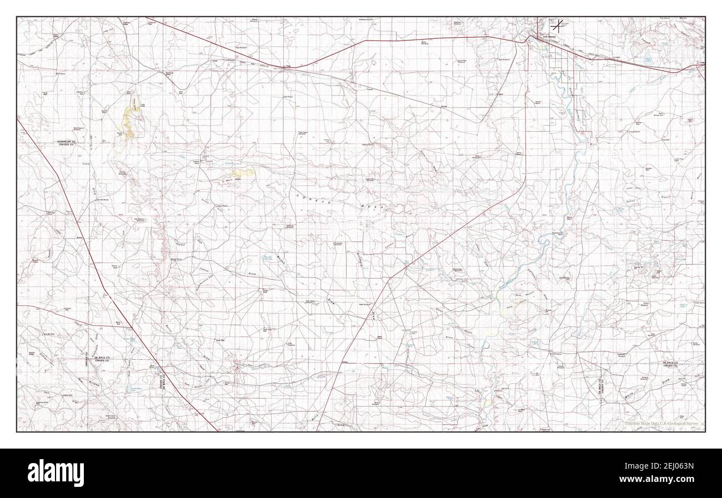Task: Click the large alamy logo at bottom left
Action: pos(56,472)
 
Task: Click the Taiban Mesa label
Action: pos(675,21)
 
